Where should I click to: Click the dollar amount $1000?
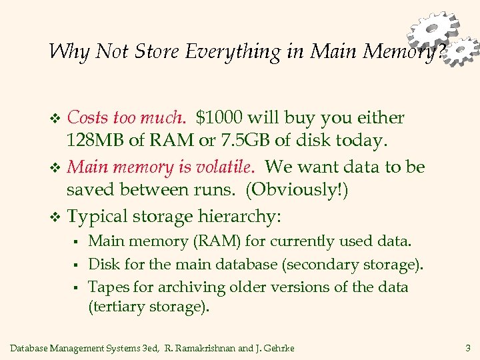[x=219, y=118]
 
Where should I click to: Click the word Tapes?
[x=105, y=287]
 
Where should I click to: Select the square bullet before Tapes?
[x=77, y=288]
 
